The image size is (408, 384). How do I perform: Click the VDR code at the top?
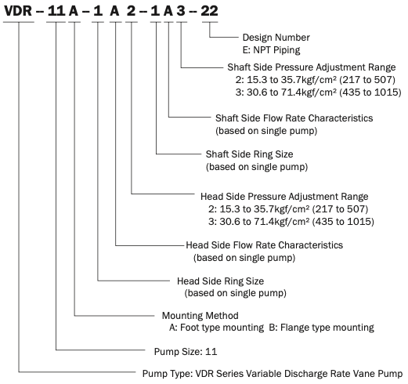[x=18, y=11]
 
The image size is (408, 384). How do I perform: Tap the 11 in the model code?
[x=56, y=11]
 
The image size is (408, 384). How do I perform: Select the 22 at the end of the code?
[x=209, y=11]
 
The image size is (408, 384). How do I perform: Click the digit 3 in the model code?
[x=181, y=11]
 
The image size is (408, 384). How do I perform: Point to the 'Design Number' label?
[x=276, y=38]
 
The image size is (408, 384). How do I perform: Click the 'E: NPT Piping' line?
[x=272, y=50]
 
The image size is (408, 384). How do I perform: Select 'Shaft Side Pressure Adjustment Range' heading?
[x=312, y=67]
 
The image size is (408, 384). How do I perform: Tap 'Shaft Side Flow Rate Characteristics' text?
[x=294, y=118]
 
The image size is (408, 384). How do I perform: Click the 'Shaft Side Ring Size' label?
[x=249, y=154]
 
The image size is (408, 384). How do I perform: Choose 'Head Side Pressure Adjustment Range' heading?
[x=284, y=197]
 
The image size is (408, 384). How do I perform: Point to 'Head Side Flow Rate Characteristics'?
[x=265, y=245]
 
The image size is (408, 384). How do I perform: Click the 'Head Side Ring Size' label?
[x=221, y=281]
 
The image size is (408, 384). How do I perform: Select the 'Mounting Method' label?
[x=200, y=316]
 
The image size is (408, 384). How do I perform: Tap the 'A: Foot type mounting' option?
[x=216, y=328]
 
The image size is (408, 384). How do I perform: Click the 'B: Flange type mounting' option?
[x=322, y=328]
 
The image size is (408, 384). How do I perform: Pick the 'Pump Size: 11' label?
[x=186, y=352]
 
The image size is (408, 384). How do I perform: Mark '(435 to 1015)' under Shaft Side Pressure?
[x=370, y=92]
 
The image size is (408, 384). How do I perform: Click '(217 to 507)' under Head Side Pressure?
[x=340, y=209]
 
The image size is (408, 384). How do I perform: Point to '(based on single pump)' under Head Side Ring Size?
[x=236, y=293]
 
